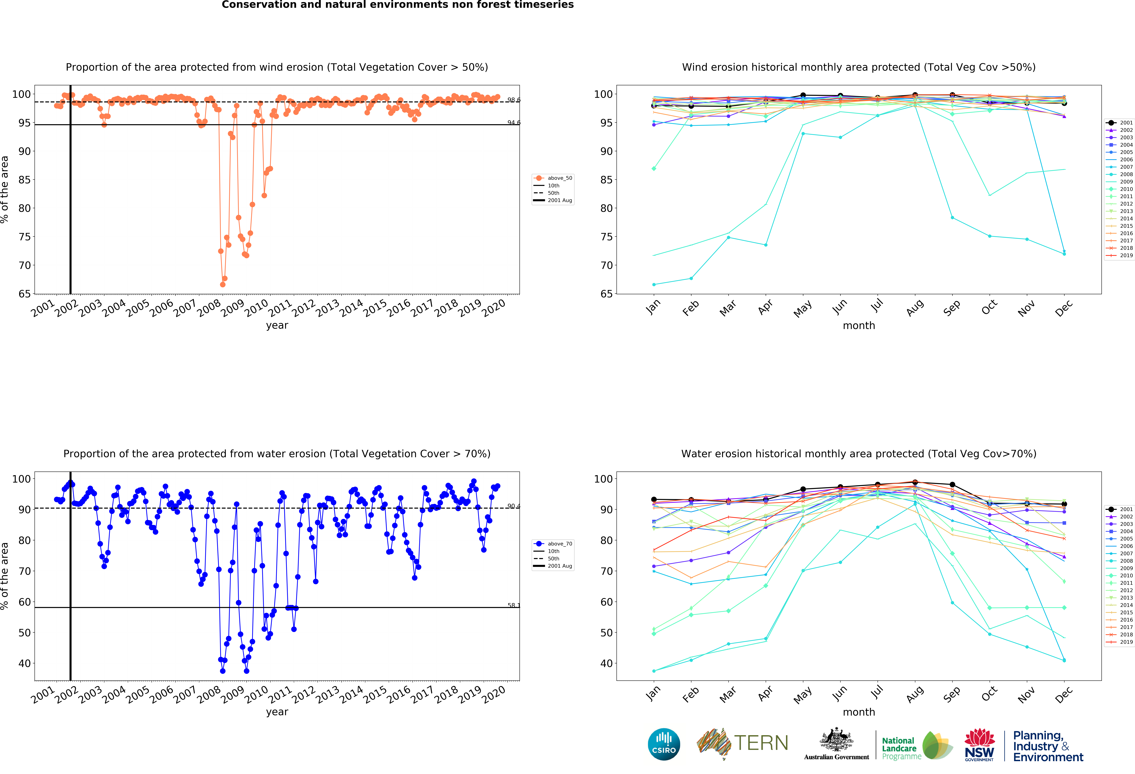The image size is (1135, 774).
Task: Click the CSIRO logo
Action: coord(664,744)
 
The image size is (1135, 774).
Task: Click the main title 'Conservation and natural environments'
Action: coord(398,5)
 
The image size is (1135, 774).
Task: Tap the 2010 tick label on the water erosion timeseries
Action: coord(256,694)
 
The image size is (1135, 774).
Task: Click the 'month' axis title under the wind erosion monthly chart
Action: coord(859,325)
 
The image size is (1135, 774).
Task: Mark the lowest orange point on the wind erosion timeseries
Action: coord(223,284)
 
